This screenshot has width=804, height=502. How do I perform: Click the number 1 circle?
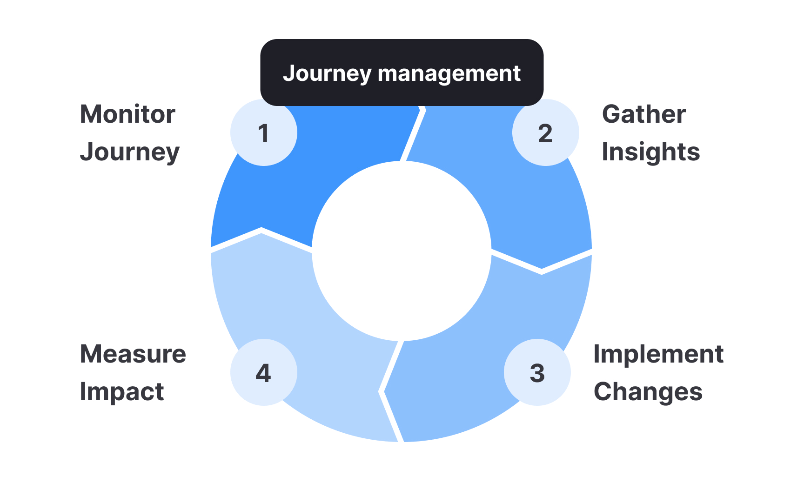pyautogui.click(x=264, y=132)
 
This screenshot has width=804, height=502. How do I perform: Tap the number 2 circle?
pyautogui.click(x=545, y=132)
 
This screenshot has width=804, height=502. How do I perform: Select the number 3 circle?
pyautogui.click(x=537, y=372)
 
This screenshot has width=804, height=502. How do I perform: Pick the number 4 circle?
pyautogui.click(x=264, y=372)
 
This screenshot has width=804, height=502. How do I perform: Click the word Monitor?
pyautogui.click(x=127, y=114)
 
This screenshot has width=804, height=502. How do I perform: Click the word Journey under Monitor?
pyautogui.click(x=130, y=152)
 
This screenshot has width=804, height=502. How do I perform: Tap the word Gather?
pyautogui.click(x=643, y=114)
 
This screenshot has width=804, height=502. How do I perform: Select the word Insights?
pyautogui.click(x=650, y=152)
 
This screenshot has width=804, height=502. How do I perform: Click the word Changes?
pyautogui.click(x=648, y=392)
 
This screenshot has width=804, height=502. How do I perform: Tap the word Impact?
pyautogui.click(x=122, y=392)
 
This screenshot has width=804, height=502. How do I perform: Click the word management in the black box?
pyautogui.click(x=449, y=73)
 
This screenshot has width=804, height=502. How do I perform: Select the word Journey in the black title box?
pyautogui.click(x=327, y=73)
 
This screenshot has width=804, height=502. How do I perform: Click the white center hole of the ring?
pyautogui.click(x=402, y=251)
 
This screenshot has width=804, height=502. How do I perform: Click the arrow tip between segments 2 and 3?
pyautogui.click(x=541, y=270)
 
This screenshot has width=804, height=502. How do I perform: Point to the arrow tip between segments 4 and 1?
pyautogui.click(x=261, y=231)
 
